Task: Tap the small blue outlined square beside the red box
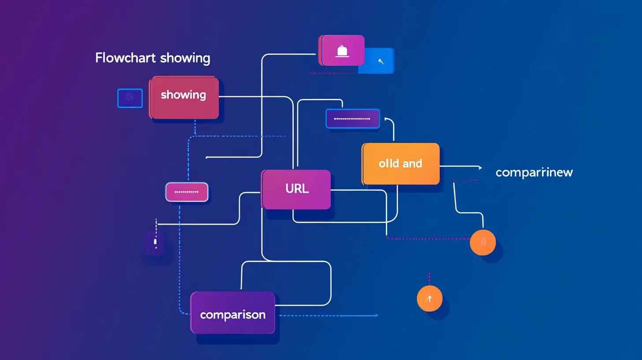(x=130, y=98)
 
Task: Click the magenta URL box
(x=296, y=189)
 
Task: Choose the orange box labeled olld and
(x=401, y=164)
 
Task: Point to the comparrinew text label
(x=534, y=172)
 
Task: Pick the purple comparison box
(x=233, y=312)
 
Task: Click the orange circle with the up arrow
(x=429, y=299)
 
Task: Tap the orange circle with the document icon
(x=483, y=242)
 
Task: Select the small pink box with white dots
(x=187, y=192)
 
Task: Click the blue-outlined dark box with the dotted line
(x=352, y=119)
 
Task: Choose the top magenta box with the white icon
(x=343, y=50)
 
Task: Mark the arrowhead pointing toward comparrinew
(x=479, y=167)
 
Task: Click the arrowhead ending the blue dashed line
(x=376, y=315)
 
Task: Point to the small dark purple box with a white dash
(x=155, y=242)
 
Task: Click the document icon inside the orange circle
(x=483, y=241)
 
